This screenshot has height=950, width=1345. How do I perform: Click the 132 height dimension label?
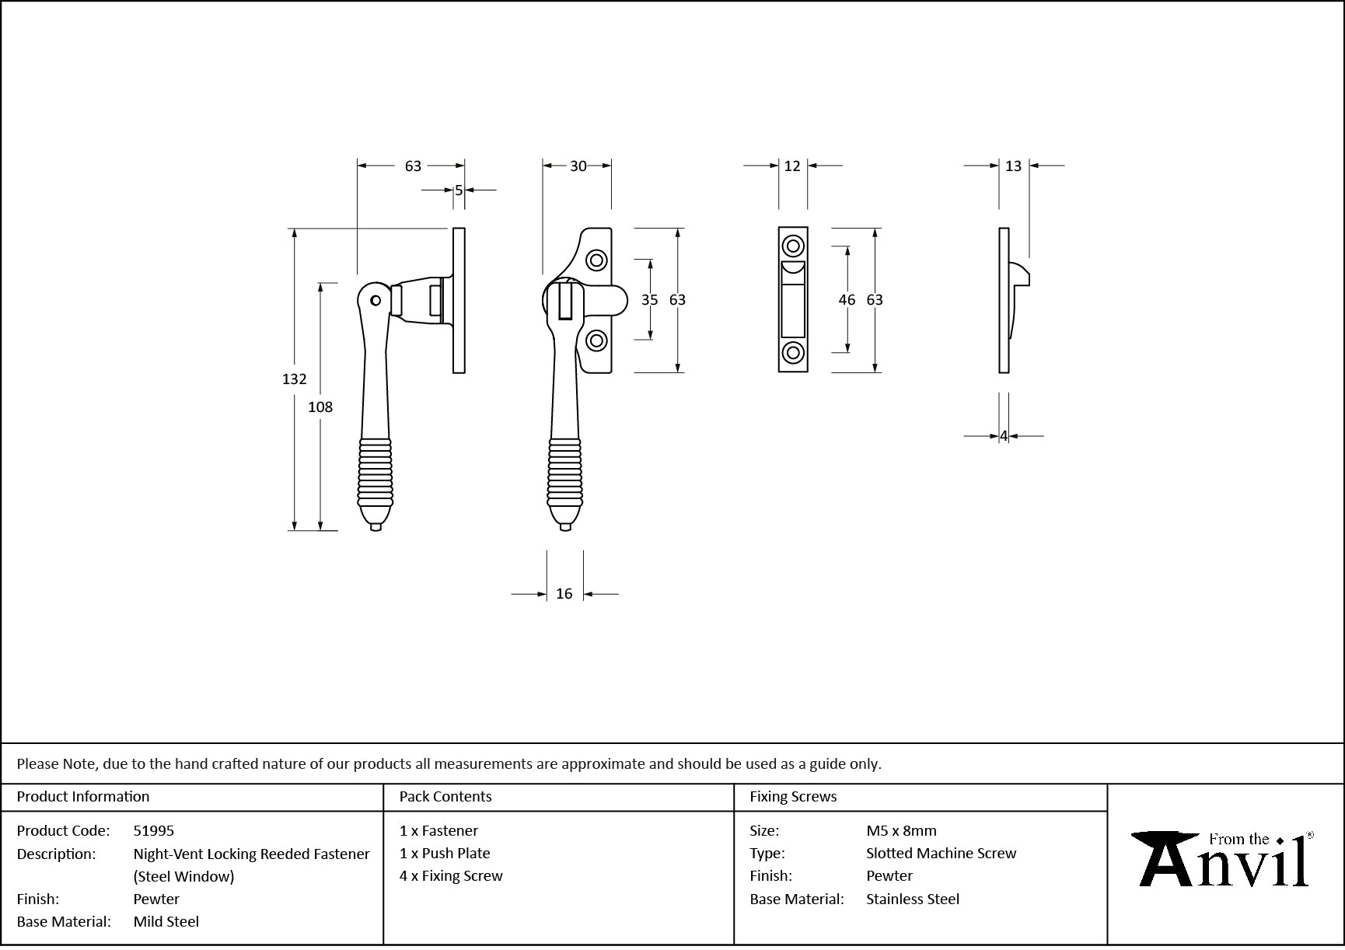tap(294, 379)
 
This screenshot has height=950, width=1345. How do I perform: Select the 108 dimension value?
tap(320, 407)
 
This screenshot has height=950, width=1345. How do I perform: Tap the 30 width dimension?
tap(578, 166)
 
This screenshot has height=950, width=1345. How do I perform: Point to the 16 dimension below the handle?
tap(564, 594)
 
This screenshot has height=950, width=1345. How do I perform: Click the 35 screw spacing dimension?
tap(649, 300)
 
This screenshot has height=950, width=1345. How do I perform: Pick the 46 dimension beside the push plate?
tap(847, 300)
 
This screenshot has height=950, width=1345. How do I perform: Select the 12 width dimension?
tap(792, 166)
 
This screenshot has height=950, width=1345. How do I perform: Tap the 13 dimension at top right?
tap(1013, 166)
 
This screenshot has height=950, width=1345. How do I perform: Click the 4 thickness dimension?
tap(1004, 437)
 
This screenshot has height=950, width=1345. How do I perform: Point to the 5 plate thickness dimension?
tap(459, 190)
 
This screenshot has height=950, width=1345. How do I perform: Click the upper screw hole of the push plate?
tap(793, 246)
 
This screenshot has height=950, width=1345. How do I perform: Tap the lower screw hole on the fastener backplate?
tap(596, 341)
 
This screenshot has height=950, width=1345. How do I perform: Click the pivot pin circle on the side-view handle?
tap(376, 299)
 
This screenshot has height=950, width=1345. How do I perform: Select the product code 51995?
tap(154, 831)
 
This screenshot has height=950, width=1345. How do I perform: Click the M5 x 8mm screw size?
tap(901, 831)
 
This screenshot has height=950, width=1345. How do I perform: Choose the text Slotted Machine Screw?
tap(941, 854)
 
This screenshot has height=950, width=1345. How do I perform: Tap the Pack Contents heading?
tap(445, 797)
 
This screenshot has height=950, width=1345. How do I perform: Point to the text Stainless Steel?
tap(913, 899)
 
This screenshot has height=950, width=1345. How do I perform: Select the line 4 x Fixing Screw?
tap(451, 876)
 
